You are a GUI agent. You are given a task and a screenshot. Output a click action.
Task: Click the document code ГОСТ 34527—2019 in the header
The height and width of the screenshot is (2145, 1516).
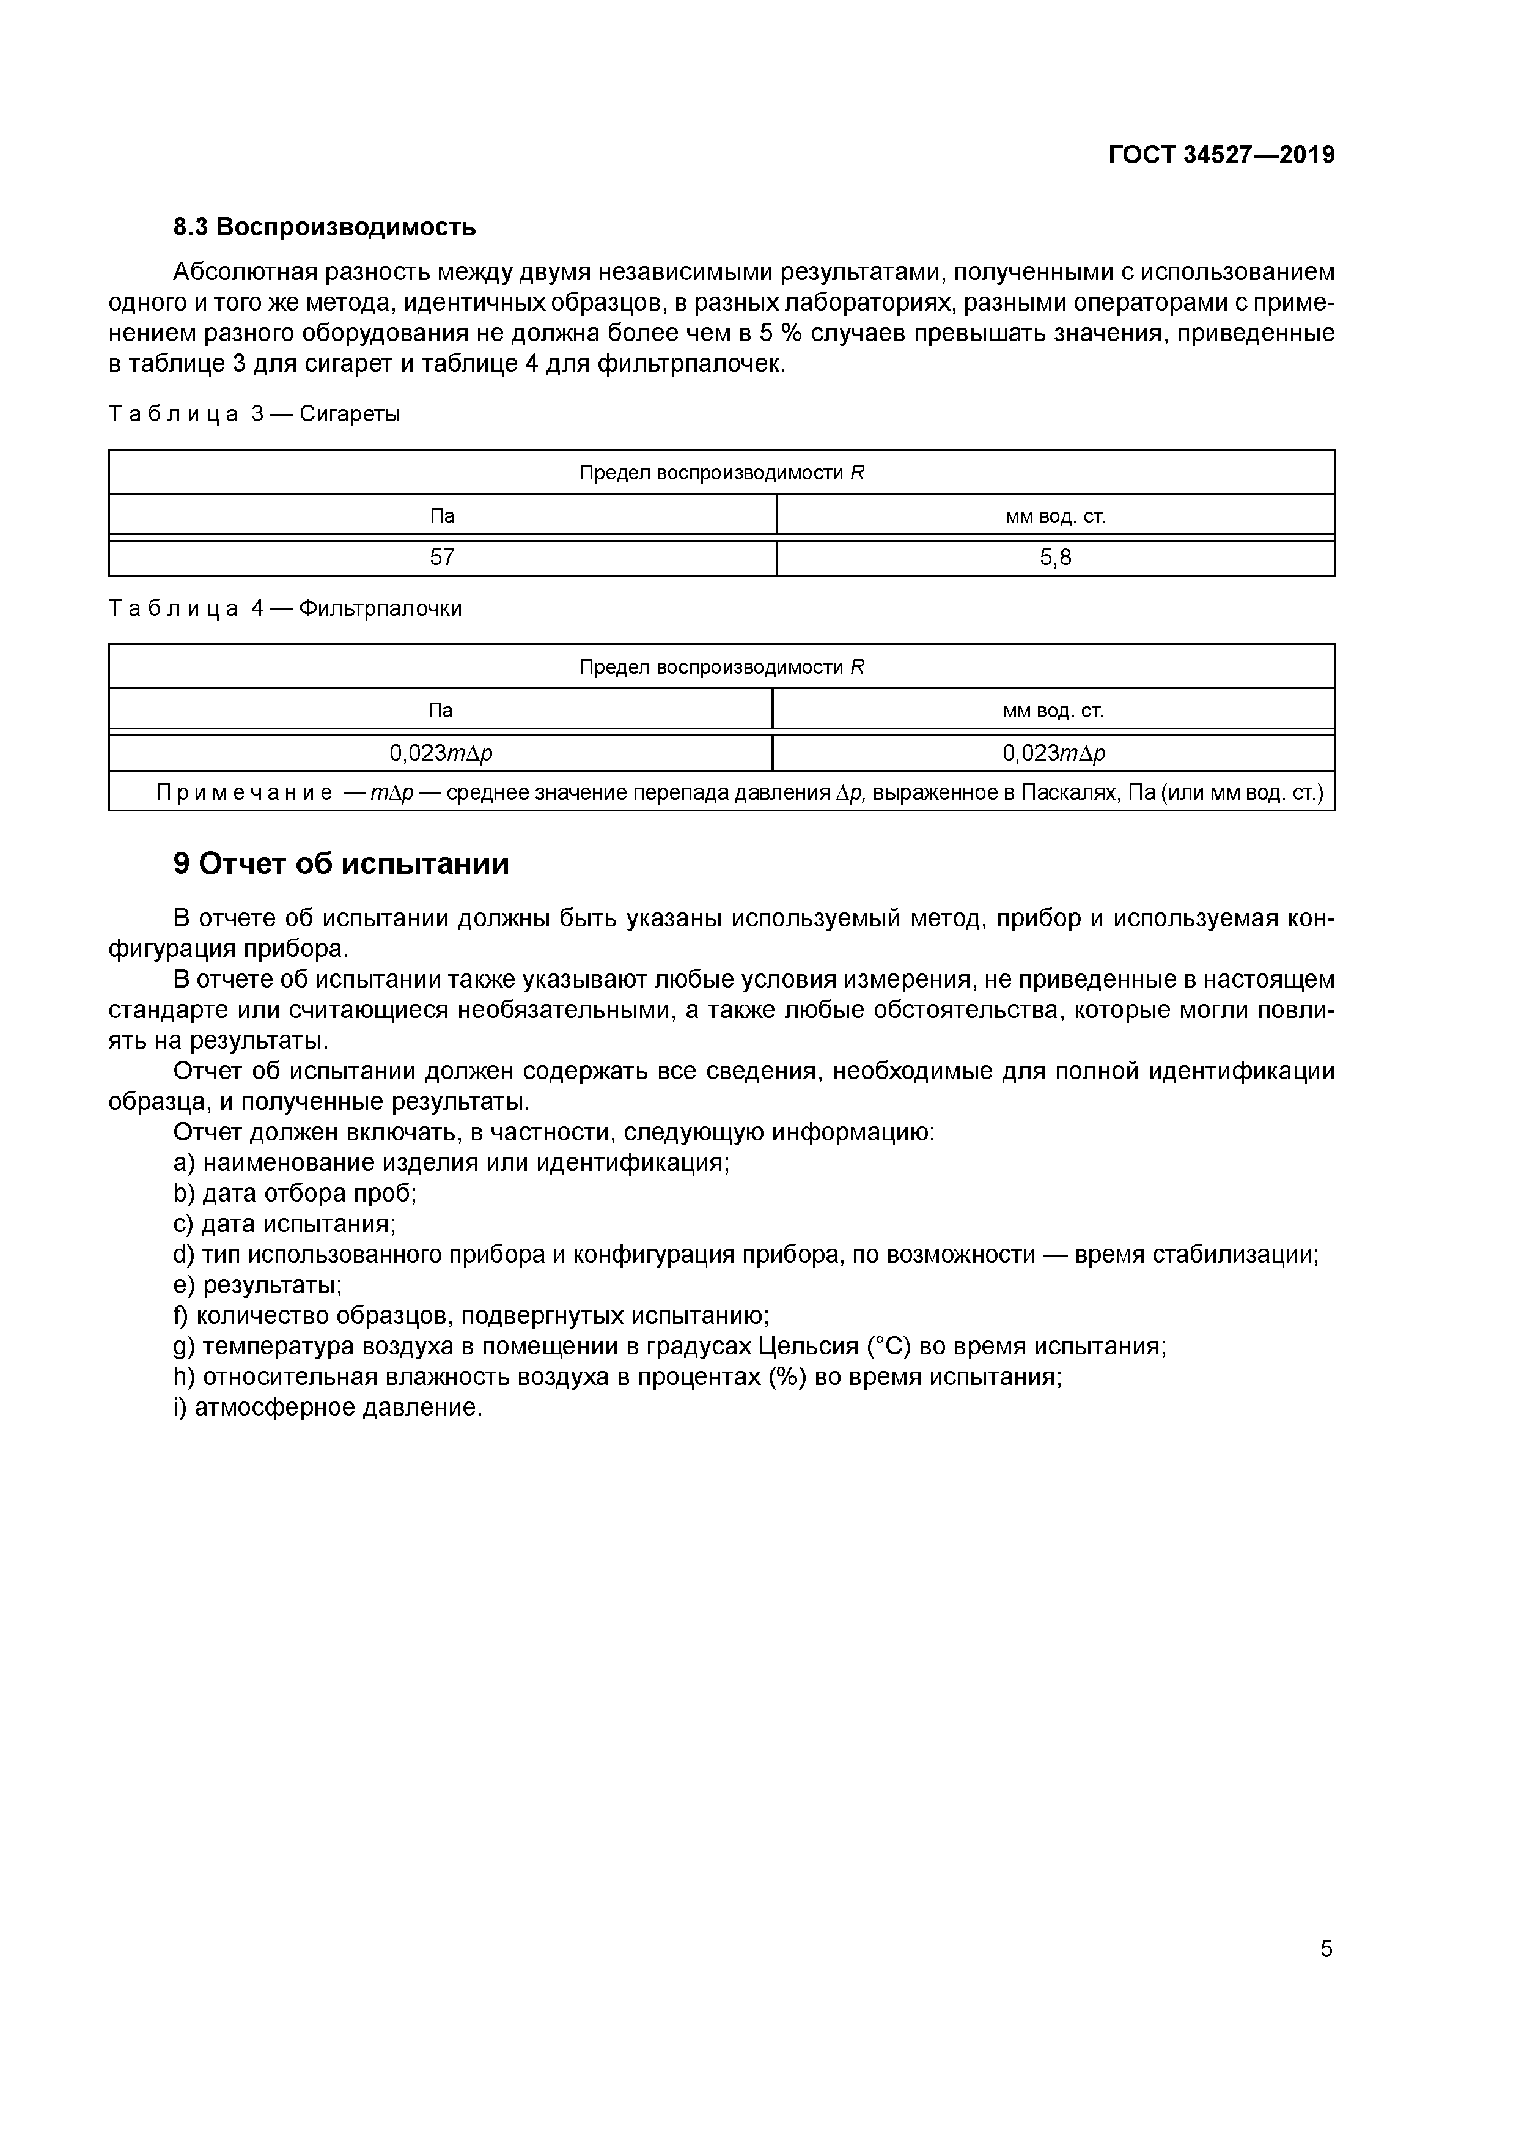[x=1221, y=155]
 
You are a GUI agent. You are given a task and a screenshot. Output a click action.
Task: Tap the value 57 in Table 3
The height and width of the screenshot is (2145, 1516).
[x=442, y=558]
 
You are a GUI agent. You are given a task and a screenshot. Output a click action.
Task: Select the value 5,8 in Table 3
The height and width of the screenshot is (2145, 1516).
[x=1056, y=558]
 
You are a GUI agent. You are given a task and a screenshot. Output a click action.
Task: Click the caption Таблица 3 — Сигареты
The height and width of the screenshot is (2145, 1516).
[x=254, y=414]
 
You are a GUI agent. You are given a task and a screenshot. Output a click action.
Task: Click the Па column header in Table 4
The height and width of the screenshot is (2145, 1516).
[x=440, y=710]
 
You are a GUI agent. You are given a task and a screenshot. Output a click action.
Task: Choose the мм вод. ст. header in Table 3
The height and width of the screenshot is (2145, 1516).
[x=1056, y=515]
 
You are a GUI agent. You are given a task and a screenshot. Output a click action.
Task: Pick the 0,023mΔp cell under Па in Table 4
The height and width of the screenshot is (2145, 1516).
[x=440, y=753]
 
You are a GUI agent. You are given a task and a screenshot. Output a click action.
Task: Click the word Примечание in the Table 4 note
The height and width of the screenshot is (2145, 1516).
[x=244, y=793]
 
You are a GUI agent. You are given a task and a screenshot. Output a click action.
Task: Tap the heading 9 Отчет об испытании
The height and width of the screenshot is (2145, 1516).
[x=341, y=863]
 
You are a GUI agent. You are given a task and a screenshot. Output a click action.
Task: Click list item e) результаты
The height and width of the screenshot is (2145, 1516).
[x=258, y=1285]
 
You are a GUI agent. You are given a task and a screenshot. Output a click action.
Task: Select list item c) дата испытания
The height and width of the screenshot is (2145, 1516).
[x=285, y=1224]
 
